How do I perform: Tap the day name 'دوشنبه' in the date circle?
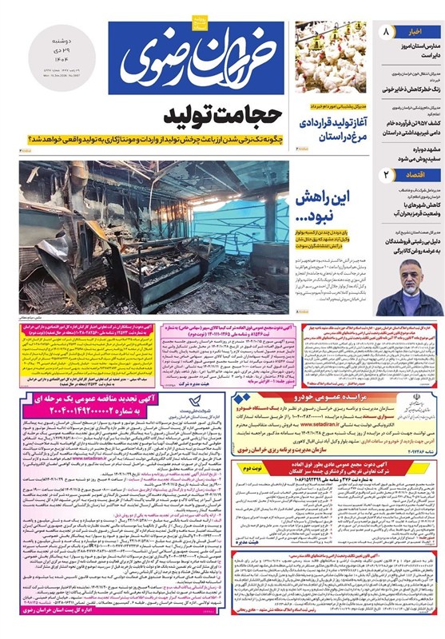(x=63, y=40)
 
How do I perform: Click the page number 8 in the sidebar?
(x=387, y=33)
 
